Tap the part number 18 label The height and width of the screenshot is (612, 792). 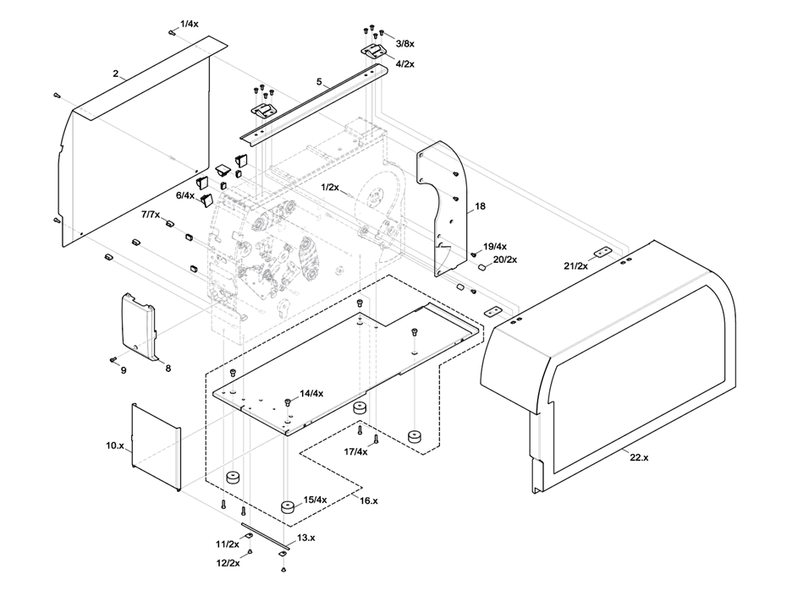pyautogui.click(x=480, y=206)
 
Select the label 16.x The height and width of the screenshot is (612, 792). pyautogui.click(x=368, y=501)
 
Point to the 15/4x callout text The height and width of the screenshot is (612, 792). pyautogui.click(x=315, y=500)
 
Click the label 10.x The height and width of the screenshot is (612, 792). pyautogui.click(x=114, y=445)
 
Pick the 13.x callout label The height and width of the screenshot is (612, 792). pyautogui.click(x=305, y=538)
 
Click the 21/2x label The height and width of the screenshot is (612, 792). pyautogui.click(x=576, y=266)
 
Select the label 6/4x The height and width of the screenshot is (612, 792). pyautogui.click(x=185, y=195)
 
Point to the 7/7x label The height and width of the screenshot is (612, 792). pyautogui.click(x=151, y=216)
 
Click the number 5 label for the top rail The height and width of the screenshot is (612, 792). pyautogui.click(x=320, y=82)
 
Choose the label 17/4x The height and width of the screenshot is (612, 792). pyautogui.click(x=355, y=451)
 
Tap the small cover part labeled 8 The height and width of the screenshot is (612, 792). pyautogui.click(x=138, y=325)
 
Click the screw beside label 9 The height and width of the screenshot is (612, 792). pyautogui.click(x=113, y=359)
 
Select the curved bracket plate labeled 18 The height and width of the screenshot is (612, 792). pyautogui.click(x=440, y=211)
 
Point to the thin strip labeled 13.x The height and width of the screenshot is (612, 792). pyautogui.click(x=265, y=537)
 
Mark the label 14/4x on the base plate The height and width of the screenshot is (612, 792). pyautogui.click(x=311, y=393)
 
